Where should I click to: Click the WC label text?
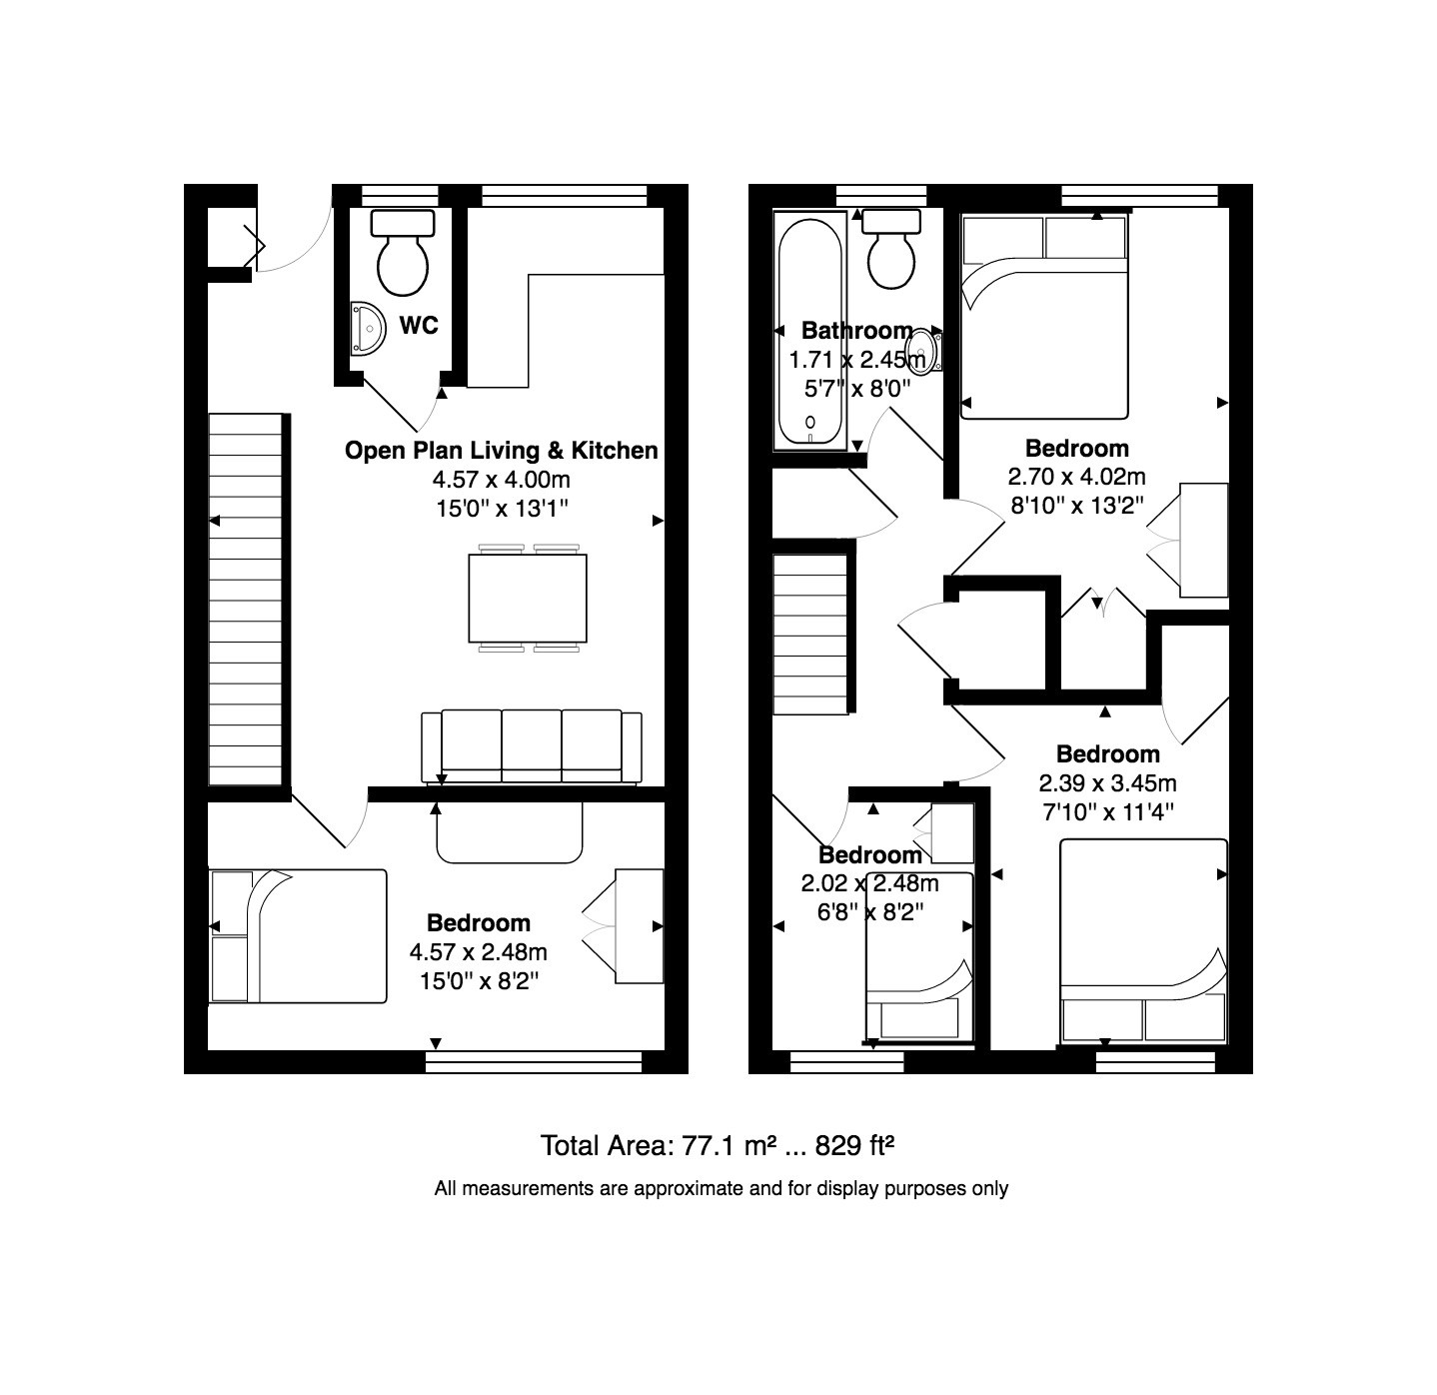[x=419, y=325]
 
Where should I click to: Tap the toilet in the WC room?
[x=403, y=253]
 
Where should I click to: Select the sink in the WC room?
[x=367, y=329]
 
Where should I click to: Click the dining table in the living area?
[x=528, y=599]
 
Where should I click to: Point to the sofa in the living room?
[x=532, y=746]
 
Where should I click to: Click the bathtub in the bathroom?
[x=810, y=330]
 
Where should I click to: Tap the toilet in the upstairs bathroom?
[x=891, y=249]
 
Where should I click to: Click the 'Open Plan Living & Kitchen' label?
[x=502, y=450]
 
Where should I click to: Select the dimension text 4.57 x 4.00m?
[x=502, y=480]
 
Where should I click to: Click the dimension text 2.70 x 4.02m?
[x=1076, y=477]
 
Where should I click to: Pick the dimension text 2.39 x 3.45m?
[x=1107, y=782]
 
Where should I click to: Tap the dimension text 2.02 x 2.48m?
[x=869, y=883]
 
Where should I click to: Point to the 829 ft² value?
[x=854, y=1145]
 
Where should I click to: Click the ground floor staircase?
[x=246, y=600]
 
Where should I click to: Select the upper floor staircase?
[x=810, y=635]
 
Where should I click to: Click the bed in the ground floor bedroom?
[x=299, y=936]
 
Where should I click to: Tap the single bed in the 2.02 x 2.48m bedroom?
[x=918, y=958]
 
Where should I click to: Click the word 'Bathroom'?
[x=857, y=330]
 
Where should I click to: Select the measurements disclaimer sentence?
[x=720, y=1188]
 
